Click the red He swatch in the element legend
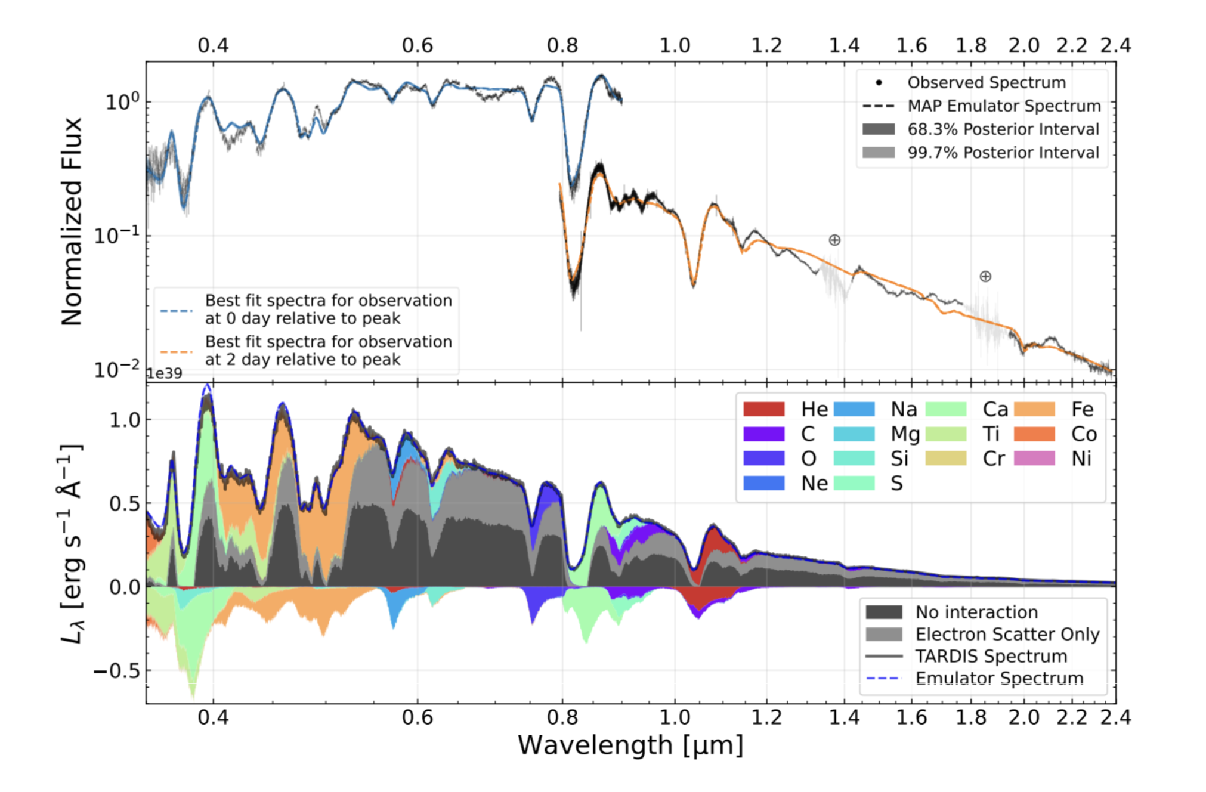(x=763, y=409)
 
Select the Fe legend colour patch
(x=1034, y=409)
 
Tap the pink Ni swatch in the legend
(x=1034, y=458)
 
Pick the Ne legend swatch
(x=763, y=482)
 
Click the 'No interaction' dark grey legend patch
(x=883, y=612)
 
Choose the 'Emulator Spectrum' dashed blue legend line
(x=883, y=678)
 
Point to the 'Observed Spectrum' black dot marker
(x=879, y=82)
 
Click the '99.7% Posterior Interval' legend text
(x=1003, y=153)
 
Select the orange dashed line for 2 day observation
(x=177, y=351)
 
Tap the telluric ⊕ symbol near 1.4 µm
(x=834, y=240)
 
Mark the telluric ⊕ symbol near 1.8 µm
(x=985, y=276)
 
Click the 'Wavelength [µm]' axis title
(x=630, y=745)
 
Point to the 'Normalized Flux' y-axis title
(x=72, y=221)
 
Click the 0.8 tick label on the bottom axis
(x=562, y=717)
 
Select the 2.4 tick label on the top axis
(x=1115, y=45)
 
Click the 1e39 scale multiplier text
(x=165, y=373)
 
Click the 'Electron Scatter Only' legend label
(x=1007, y=634)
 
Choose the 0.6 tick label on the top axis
(x=418, y=45)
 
